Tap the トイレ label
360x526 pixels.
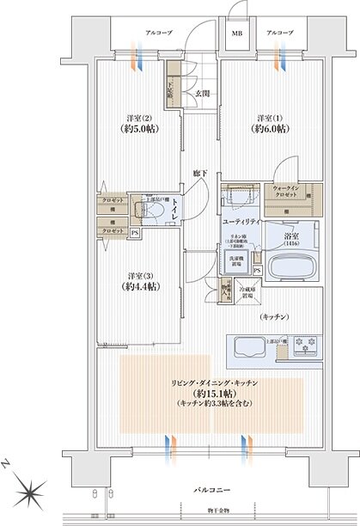tap(174, 209)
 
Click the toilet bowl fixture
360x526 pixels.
tap(149, 211)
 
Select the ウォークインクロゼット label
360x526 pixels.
tap(284, 191)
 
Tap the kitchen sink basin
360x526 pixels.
tap(247, 348)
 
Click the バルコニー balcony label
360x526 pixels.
tap(209, 489)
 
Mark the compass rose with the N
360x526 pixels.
tap(31, 491)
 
